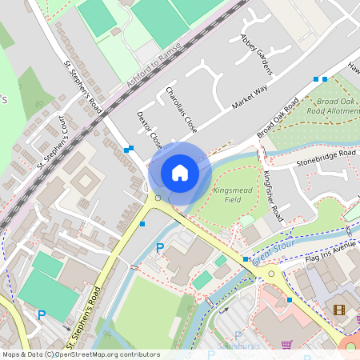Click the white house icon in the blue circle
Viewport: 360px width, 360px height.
(x=180, y=172)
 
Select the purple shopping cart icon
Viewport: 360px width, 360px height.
(x=287, y=345)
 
